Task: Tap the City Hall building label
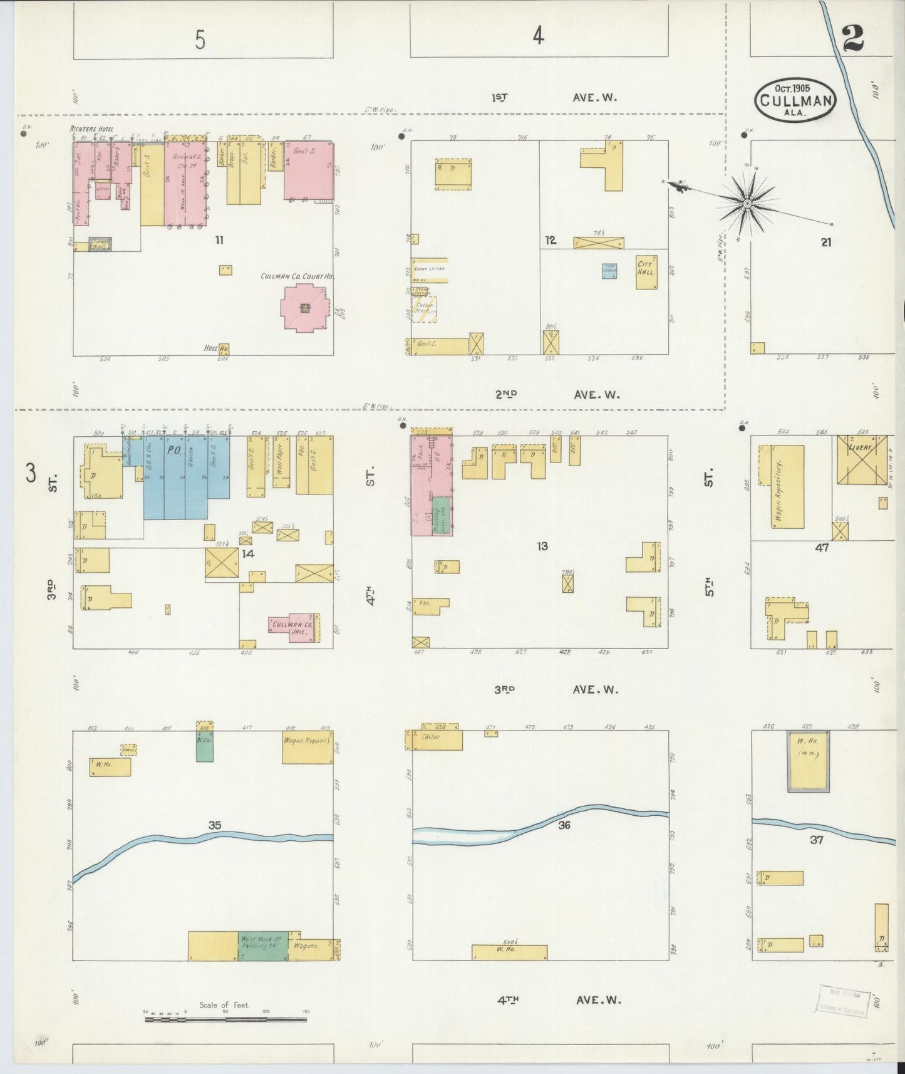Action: [x=646, y=268]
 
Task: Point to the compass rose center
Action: [x=747, y=204]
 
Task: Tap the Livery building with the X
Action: [x=862, y=459]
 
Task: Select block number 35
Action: [x=215, y=825]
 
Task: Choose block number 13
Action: [x=542, y=546]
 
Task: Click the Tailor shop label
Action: [x=432, y=737]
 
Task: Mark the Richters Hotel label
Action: [x=91, y=130]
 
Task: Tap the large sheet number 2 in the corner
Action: [x=852, y=39]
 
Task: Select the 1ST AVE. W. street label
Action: [x=554, y=98]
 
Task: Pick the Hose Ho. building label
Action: [x=216, y=348]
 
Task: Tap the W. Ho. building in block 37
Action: [x=809, y=763]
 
